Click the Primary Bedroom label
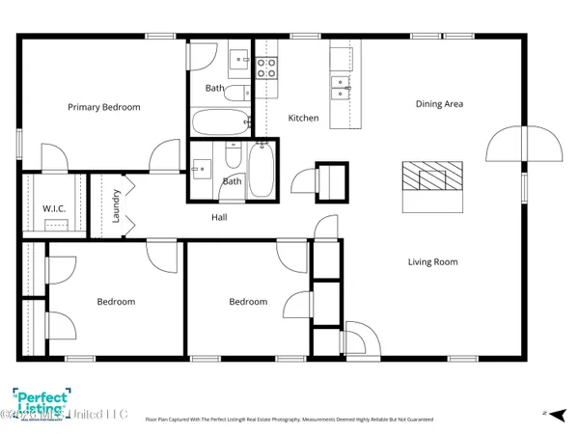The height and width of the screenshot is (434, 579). (103, 107)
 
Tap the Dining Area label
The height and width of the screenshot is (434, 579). (440, 103)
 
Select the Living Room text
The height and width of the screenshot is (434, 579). (431, 261)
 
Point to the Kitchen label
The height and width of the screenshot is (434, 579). (303, 118)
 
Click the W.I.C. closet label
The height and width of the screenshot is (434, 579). (53, 208)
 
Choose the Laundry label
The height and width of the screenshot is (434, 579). (116, 205)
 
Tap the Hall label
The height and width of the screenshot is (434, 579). (219, 217)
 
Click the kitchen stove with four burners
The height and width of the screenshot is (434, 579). (266, 67)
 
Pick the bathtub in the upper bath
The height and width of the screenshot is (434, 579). (222, 122)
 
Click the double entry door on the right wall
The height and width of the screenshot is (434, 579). (524, 145)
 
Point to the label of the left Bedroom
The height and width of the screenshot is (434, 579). (116, 302)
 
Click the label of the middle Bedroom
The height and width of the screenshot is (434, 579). (248, 302)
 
